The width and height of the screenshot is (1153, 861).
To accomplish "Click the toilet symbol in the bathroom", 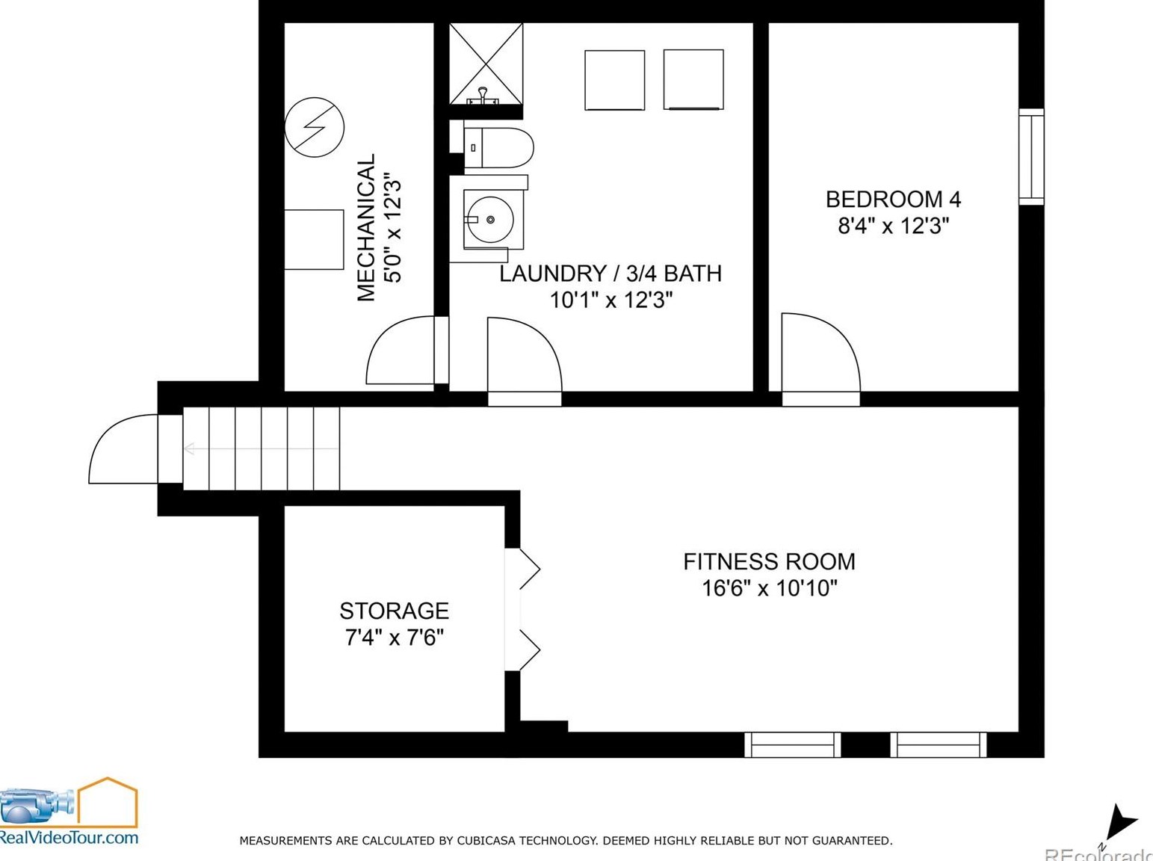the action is tap(498, 148).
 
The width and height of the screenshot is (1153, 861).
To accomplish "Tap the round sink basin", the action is tap(491, 220).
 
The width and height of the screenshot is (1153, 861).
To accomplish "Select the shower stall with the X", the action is tap(486, 64).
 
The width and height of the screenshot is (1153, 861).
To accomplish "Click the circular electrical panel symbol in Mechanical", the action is tap(314, 127).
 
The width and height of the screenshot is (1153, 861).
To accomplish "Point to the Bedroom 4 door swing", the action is tap(820, 353).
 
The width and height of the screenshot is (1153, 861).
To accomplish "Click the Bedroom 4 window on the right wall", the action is tap(1031, 156).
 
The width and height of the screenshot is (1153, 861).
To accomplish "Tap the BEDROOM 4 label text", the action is tap(893, 200).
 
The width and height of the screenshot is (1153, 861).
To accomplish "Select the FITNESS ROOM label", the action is tap(769, 561).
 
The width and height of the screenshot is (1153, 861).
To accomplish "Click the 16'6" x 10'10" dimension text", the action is tap(770, 588).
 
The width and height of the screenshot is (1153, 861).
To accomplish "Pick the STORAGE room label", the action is tap(394, 611).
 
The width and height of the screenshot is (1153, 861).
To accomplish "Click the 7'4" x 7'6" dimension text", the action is tap(394, 638).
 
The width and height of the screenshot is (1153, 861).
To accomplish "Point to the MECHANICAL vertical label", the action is tap(366, 227).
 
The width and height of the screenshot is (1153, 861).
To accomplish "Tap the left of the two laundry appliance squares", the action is tap(614, 81).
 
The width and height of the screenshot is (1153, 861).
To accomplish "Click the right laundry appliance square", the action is tap(693, 80).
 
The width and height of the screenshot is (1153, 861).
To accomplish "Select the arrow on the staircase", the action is tap(261, 449).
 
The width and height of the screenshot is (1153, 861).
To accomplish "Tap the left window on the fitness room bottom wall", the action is tap(793, 745).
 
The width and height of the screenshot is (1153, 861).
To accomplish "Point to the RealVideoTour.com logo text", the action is tap(69, 837).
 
